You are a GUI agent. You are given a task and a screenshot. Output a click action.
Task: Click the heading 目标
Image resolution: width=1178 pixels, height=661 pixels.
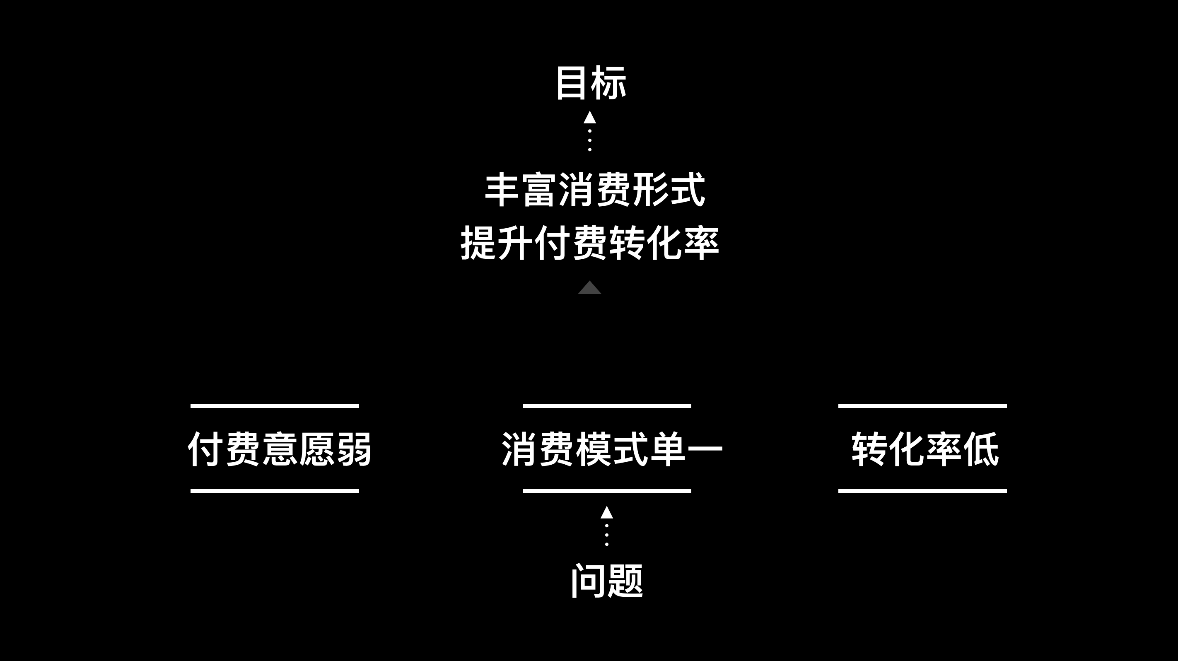point(590,83)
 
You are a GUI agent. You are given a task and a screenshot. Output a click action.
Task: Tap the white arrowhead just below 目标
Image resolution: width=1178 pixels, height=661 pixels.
point(589,118)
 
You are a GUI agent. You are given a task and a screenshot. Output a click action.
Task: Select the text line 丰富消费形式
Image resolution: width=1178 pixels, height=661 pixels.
point(594,190)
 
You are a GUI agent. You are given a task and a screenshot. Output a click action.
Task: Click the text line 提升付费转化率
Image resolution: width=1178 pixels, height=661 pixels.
point(589,243)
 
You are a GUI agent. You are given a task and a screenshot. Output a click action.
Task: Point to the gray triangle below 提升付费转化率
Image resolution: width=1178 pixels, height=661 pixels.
point(589,288)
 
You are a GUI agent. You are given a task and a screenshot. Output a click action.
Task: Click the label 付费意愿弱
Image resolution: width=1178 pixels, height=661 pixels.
point(280,449)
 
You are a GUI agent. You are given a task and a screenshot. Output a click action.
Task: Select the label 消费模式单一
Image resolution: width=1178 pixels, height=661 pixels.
point(611,449)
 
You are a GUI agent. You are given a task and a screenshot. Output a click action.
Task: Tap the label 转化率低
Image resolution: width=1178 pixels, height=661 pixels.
point(925,449)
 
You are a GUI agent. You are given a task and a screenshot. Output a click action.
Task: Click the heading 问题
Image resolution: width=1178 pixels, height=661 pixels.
point(607,581)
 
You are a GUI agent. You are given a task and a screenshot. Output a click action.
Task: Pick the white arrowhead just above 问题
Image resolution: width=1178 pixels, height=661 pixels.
point(606,512)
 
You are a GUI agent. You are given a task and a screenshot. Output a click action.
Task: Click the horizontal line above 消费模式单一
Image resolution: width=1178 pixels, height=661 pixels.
point(606,406)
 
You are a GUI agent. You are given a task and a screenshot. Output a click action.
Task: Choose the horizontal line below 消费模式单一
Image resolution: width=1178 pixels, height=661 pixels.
point(606,491)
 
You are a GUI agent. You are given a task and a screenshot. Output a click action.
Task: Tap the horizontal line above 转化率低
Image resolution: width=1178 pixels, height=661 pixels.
point(922,406)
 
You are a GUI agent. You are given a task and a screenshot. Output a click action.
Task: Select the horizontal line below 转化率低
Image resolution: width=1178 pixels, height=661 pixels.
point(922,491)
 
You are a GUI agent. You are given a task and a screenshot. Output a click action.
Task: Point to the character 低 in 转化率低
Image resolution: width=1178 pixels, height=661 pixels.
point(981,449)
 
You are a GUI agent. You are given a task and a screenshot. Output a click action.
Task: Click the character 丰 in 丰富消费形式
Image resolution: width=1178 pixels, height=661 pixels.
point(501,190)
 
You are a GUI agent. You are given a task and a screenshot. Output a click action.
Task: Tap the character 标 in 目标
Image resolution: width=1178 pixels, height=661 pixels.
point(608,83)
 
